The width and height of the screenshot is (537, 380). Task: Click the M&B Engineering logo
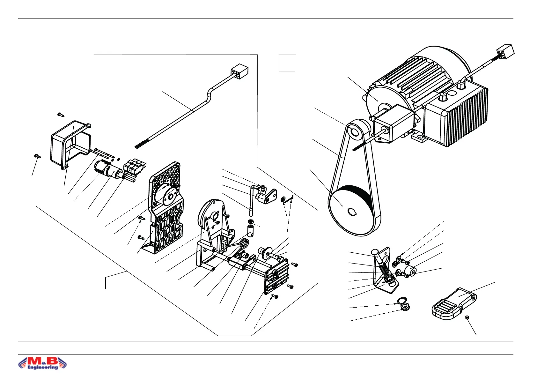click(x=43, y=363)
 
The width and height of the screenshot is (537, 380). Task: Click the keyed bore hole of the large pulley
click(x=352, y=212)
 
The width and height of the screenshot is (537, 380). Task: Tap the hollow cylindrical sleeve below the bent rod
click(x=250, y=231)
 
